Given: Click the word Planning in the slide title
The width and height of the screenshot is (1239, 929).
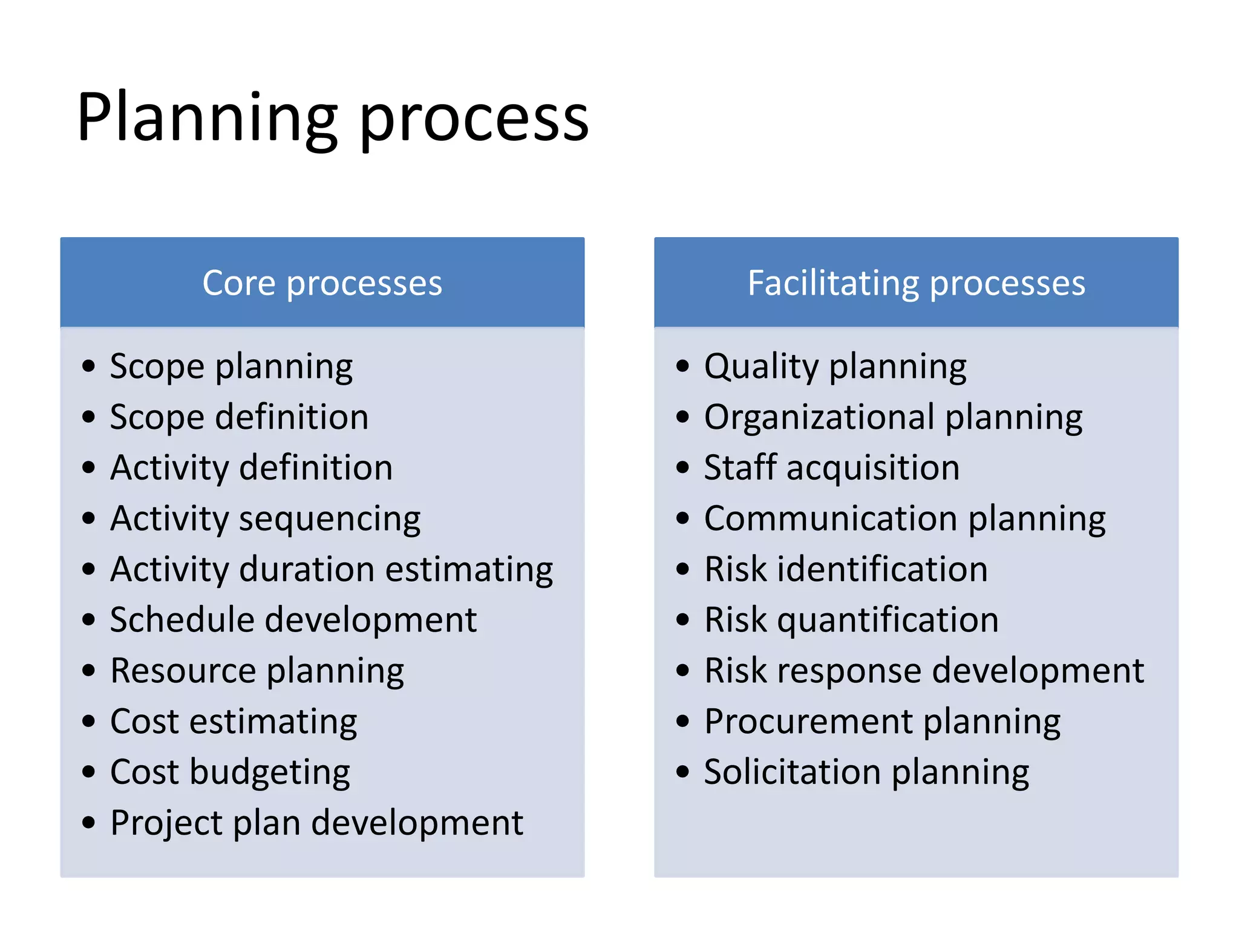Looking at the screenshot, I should pyautogui.click(x=206, y=118).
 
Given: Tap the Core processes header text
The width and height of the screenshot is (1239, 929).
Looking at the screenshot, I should pyautogui.click(x=322, y=283).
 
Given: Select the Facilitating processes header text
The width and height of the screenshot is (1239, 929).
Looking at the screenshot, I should pyautogui.click(x=916, y=283).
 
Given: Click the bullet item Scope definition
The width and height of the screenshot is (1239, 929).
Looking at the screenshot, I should pyautogui.click(x=239, y=417).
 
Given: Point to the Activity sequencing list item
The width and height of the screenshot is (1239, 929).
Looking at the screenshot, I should pyautogui.click(x=265, y=519).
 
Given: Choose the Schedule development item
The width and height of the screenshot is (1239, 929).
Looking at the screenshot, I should pyautogui.click(x=293, y=620).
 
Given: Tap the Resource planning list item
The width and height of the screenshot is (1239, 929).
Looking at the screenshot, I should pyautogui.click(x=257, y=671).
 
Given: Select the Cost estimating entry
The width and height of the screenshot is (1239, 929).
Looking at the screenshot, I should pyautogui.click(x=234, y=722).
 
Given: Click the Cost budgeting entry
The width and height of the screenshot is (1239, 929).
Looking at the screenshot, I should pyautogui.click(x=230, y=772).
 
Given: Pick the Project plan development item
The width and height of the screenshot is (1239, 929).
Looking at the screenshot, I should pyautogui.click(x=316, y=823).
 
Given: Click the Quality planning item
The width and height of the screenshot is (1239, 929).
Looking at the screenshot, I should pyautogui.click(x=835, y=367).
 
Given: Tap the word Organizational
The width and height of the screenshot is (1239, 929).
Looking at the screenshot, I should pyautogui.click(x=819, y=417).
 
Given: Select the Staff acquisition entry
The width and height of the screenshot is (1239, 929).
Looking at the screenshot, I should pyautogui.click(x=831, y=468).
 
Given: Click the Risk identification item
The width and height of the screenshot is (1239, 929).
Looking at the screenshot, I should pyautogui.click(x=846, y=569).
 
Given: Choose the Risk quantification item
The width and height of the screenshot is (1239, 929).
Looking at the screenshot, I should pyautogui.click(x=851, y=620).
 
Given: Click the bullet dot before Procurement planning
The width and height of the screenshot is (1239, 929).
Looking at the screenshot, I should pyautogui.click(x=683, y=722).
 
